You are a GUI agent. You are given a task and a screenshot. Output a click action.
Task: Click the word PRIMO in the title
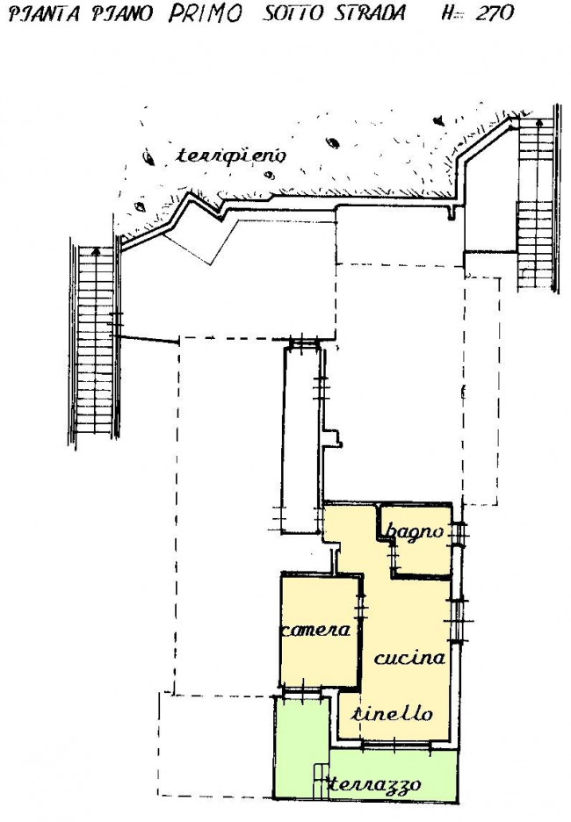click(206, 14)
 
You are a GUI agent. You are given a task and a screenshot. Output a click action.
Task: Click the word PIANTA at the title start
click(44, 14)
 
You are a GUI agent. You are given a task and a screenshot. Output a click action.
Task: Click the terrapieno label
click(232, 156)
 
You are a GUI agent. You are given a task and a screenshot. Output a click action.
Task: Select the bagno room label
click(415, 531)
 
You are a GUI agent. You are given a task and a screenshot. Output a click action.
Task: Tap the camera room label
click(315, 630)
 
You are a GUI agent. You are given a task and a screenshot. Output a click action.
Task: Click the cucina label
click(409, 658)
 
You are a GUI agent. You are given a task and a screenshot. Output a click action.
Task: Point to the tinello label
click(392, 713)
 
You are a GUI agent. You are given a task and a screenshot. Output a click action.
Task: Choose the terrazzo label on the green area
click(374, 784)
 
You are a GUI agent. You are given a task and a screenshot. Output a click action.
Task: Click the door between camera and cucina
click(361, 607)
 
